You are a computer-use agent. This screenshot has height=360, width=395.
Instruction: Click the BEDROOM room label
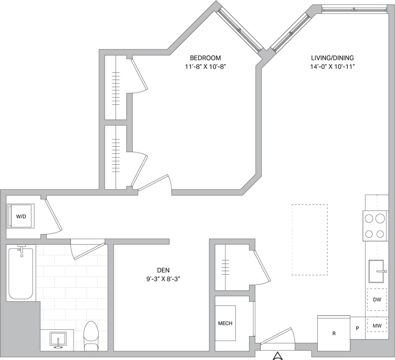[x=205, y=58]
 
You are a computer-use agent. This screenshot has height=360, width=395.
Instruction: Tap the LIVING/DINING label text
[x=332, y=58]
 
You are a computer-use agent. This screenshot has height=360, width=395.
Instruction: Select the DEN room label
[x=163, y=270]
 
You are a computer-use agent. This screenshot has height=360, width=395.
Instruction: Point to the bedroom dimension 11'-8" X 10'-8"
[x=205, y=67]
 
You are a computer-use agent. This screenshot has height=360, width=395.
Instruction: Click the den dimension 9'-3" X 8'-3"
[x=163, y=279]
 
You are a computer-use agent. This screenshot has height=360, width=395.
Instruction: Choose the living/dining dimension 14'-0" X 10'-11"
[x=332, y=67]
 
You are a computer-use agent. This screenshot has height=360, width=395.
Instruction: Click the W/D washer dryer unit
[x=21, y=216]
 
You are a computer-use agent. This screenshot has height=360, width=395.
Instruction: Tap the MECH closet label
[x=225, y=323]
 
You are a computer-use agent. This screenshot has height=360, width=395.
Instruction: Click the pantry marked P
[x=358, y=328]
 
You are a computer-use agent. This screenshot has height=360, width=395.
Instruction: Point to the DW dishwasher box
[x=377, y=299]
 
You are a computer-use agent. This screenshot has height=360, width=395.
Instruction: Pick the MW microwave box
[x=377, y=326]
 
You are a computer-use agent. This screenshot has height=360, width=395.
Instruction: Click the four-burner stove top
[x=375, y=226]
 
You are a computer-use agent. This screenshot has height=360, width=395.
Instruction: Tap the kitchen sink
[x=377, y=271]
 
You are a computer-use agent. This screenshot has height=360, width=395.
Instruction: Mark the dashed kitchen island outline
[x=309, y=240]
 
